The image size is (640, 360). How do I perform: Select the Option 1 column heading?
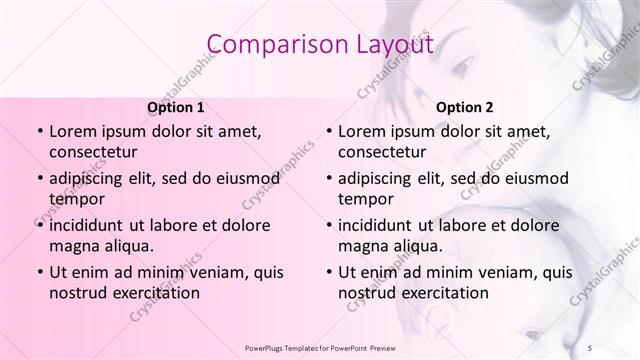pos(176,107)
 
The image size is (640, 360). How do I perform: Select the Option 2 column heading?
pos(465,107)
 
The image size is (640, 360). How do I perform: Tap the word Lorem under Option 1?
pos(73,131)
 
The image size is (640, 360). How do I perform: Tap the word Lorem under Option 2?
pos(362,131)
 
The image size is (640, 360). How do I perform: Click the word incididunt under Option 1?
pos(93,225)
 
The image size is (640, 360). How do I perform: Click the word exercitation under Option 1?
pos(153,293)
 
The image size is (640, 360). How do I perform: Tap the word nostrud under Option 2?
pos(366,293)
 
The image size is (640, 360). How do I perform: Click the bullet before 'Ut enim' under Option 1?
pos(39,272)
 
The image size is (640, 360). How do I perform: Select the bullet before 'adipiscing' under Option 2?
pos(328,178)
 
